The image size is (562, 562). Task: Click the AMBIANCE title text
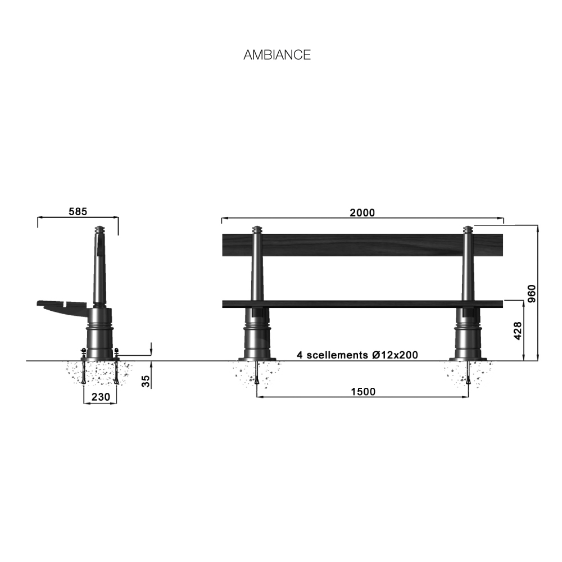click(x=277, y=55)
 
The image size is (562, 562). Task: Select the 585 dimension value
click(x=78, y=211)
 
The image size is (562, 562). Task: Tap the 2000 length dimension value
click(x=362, y=212)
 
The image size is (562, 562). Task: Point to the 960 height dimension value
click(x=532, y=293)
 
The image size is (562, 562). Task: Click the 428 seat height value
click(x=518, y=331)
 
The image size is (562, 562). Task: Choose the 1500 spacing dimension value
click(x=363, y=391)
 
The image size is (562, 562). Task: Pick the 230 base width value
click(x=101, y=397)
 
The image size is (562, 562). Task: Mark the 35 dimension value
click(x=146, y=381)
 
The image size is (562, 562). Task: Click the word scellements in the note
click(x=337, y=355)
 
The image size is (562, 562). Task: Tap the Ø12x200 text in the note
click(x=395, y=355)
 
